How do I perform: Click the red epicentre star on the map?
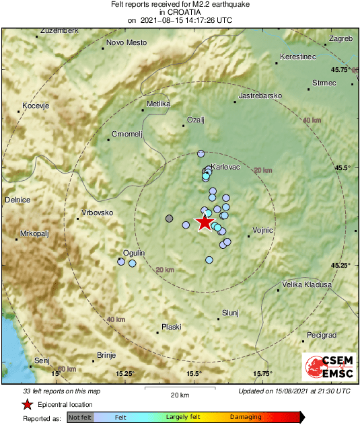[x=204, y=223]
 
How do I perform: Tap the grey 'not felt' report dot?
[x=170, y=219]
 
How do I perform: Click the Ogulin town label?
[x=133, y=252]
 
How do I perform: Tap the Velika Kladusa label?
[x=307, y=284]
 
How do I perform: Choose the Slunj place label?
[x=231, y=312]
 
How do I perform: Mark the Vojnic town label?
[x=262, y=230]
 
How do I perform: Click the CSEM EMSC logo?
[x=329, y=368]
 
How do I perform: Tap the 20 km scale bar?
[x=179, y=389]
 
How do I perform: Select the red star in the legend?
[x=27, y=405]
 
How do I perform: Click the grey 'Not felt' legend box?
[x=80, y=418]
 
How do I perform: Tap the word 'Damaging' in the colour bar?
[x=246, y=418]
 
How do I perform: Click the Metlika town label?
[x=159, y=104]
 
